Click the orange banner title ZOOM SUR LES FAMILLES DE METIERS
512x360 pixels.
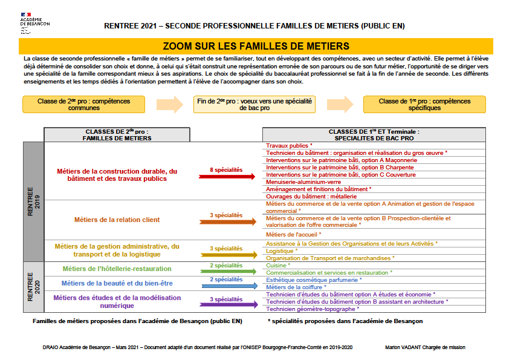click(x=256, y=46)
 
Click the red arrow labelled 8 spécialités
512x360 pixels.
click(x=227, y=176)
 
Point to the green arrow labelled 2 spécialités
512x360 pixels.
click(x=227, y=270)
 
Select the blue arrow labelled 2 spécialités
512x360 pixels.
click(x=227, y=284)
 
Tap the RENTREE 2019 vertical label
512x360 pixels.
click(x=33, y=201)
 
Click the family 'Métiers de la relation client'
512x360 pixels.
click(x=117, y=220)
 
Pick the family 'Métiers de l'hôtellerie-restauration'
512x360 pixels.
click(x=117, y=269)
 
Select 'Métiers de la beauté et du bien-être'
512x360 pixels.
click(x=117, y=283)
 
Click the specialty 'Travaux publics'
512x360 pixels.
click(x=288, y=146)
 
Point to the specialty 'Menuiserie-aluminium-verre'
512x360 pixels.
click(x=303, y=182)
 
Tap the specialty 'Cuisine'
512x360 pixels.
click(x=277, y=266)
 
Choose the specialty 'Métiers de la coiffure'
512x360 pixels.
click(x=294, y=287)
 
